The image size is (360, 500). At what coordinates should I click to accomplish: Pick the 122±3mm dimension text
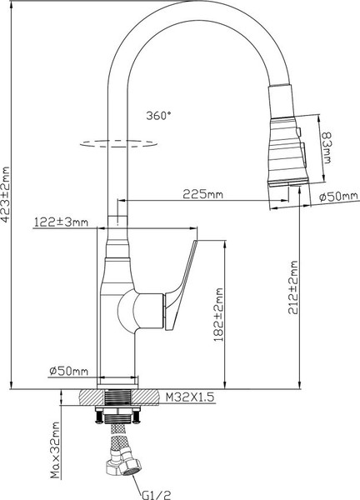[x=59, y=222]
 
